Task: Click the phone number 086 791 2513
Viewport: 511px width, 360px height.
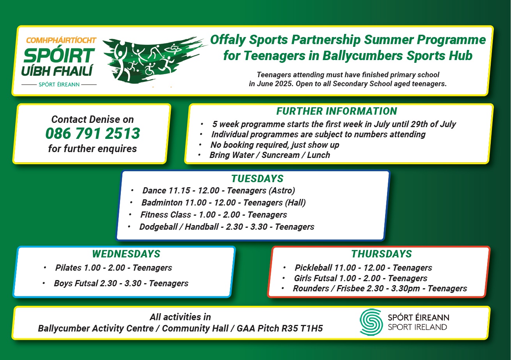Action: point(93,133)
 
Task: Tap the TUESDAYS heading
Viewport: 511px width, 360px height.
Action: point(257,179)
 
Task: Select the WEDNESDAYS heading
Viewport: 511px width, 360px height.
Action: point(126,254)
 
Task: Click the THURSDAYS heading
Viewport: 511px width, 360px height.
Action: point(382,254)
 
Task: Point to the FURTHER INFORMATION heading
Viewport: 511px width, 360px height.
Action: point(337,111)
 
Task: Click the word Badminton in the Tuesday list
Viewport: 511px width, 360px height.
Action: point(162,202)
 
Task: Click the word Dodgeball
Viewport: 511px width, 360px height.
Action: point(159,227)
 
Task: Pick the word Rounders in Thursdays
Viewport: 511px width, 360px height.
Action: point(311,288)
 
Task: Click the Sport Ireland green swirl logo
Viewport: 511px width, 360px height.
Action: point(371,322)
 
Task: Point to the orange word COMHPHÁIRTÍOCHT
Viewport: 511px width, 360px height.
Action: point(61,41)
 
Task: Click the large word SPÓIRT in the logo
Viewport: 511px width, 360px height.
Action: point(59,56)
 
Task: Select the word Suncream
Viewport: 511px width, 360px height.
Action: point(280,155)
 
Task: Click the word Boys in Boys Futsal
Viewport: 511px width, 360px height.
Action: point(63,283)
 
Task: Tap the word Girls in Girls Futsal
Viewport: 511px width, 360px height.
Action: point(303,278)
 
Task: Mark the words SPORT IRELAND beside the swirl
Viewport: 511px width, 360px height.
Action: point(417,327)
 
